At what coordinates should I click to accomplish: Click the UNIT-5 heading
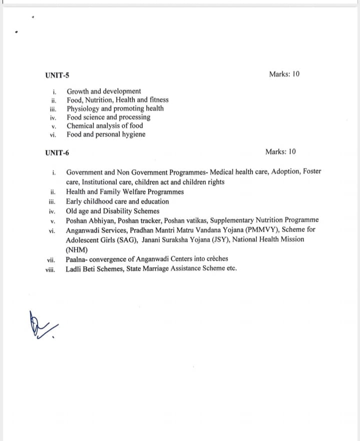pyautogui.click(x=57, y=76)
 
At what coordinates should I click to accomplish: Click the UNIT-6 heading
pyautogui.click(x=57, y=152)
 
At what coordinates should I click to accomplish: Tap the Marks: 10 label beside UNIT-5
pyautogui.click(x=284, y=74)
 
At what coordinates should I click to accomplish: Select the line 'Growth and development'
pyautogui.click(x=104, y=91)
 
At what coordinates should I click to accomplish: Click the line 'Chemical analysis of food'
pyautogui.click(x=105, y=126)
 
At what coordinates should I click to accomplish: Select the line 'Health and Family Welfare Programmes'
pyautogui.click(x=125, y=192)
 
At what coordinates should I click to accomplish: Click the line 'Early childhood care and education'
pyautogui.click(x=117, y=201)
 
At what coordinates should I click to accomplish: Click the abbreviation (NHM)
pyautogui.click(x=77, y=249)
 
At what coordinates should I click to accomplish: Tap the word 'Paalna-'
pyautogui.click(x=78, y=259)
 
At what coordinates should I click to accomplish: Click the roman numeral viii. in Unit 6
pyautogui.click(x=50, y=269)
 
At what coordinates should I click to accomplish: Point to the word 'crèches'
pyautogui.click(x=216, y=259)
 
